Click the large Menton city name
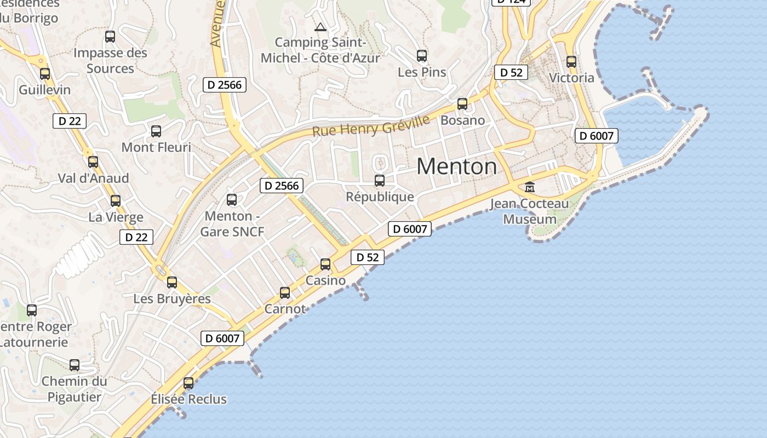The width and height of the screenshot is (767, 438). point(457,166)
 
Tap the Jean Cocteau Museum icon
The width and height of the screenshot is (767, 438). point(530,187)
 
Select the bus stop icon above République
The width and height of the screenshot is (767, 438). point(379,180)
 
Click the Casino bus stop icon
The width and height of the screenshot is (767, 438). point(325,264)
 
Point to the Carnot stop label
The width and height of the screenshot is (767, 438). point(285,309)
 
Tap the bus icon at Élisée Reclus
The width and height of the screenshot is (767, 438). point(188,383)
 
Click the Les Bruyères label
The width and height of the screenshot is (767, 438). point(172,299)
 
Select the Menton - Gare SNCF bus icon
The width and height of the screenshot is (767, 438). point(232,200)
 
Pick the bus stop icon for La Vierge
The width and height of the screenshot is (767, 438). point(115,201)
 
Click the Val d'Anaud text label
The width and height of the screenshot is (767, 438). point(94,178)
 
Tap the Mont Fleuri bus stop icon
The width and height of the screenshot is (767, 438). point(156,131)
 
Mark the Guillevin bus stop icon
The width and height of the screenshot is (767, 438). point(45,73)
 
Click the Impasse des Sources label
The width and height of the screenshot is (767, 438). point(110,61)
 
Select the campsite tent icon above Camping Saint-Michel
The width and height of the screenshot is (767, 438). point(320,27)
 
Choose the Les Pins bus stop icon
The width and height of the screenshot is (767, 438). point(421,55)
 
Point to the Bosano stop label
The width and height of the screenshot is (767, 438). point(462,120)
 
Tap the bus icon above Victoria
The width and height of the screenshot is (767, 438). point(571,62)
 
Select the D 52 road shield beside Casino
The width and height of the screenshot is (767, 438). point(368,257)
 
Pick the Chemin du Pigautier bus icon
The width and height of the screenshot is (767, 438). point(75,365)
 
